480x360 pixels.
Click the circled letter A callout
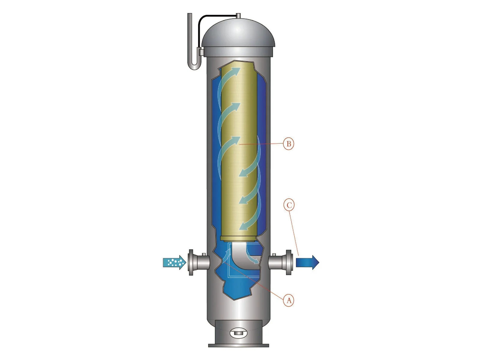coord(289,301)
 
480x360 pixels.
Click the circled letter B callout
coord(288,144)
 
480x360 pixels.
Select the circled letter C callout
coord(289,205)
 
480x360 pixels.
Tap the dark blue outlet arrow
coord(307,262)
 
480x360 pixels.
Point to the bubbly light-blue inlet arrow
coord(175,262)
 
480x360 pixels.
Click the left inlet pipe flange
coord(191,262)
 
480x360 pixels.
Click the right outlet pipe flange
coord(289,262)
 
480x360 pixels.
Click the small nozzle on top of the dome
coord(238,16)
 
